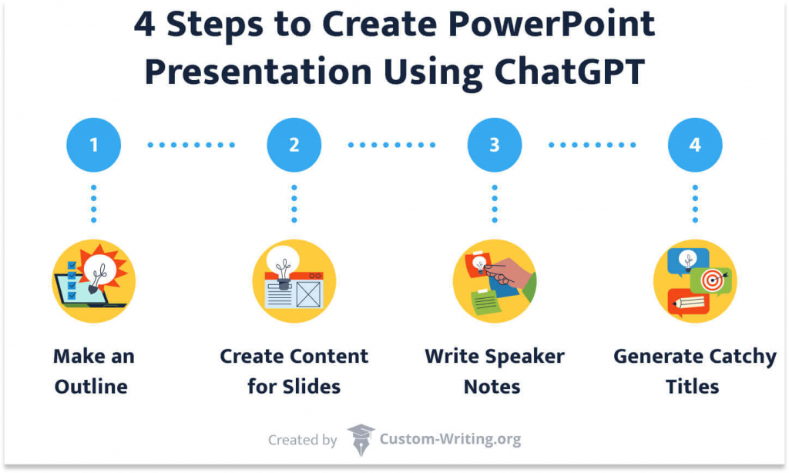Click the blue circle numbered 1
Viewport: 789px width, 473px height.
[x=93, y=145]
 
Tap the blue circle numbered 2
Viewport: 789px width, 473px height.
[x=294, y=145]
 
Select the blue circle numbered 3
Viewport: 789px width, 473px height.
[x=494, y=145]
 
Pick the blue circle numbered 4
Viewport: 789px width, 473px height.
[x=695, y=145]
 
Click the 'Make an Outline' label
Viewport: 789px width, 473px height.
[x=93, y=371]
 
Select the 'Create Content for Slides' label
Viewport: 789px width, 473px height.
[x=294, y=371]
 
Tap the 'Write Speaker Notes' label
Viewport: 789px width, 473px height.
[x=494, y=371]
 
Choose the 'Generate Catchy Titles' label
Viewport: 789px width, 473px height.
[x=695, y=371]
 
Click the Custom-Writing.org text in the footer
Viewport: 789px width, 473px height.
[x=450, y=440]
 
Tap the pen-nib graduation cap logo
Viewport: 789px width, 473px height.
[x=360, y=440]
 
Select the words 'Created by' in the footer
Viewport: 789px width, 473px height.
[x=302, y=441]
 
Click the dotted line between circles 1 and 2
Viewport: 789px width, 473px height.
[x=193, y=145]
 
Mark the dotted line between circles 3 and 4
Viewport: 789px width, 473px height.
[x=594, y=145]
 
